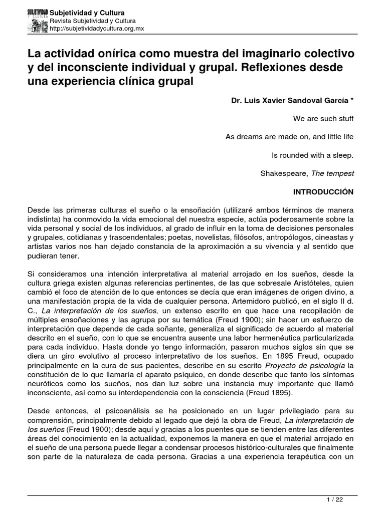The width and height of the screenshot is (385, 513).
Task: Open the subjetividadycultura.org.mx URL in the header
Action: click(97, 29)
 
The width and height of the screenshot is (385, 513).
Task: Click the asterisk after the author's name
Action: click(352, 100)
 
